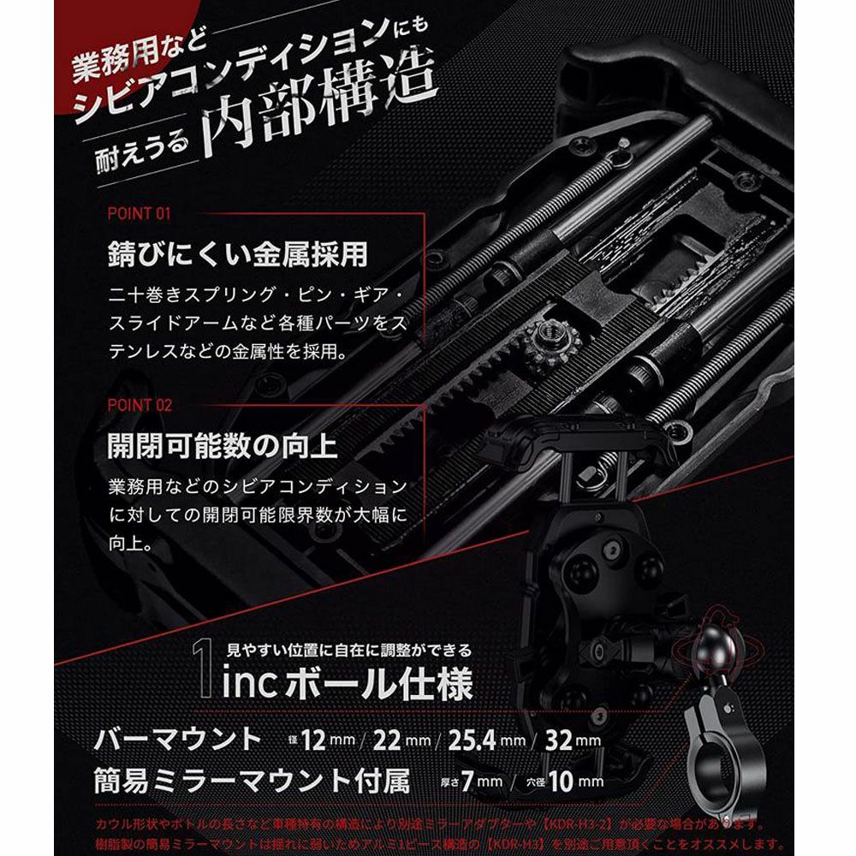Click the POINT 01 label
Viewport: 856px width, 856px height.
(140, 213)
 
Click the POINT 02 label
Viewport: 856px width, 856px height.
(140, 405)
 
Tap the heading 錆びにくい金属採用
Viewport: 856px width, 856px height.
(237, 254)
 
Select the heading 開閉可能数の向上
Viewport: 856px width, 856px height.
(222, 445)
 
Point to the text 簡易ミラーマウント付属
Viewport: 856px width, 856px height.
(253, 781)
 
